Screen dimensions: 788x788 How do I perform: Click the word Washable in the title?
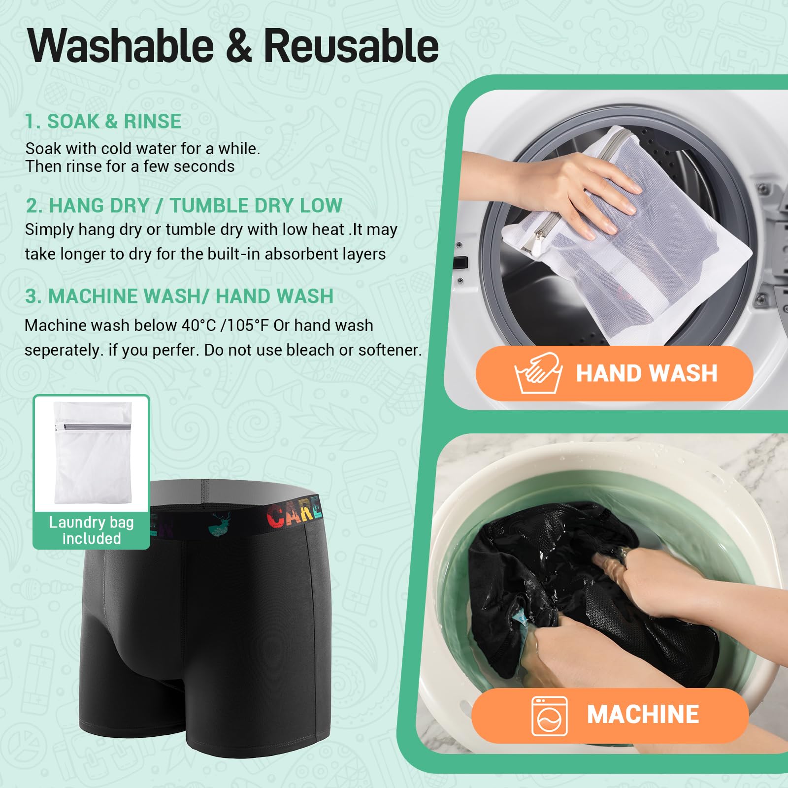tap(121, 46)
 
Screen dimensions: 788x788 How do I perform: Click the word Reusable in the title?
tap(351, 46)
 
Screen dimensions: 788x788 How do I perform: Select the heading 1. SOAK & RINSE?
tap(103, 121)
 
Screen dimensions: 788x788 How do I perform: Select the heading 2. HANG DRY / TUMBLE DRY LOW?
tap(184, 205)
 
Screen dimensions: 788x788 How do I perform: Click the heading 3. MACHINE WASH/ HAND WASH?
tap(179, 296)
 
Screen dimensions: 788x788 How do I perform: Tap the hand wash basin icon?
tap(538, 373)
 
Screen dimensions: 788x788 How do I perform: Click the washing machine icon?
tap(550, 716)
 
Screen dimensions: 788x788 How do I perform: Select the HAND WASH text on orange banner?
tap(647, 373)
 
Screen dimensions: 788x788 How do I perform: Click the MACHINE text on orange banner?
tap(643, 715)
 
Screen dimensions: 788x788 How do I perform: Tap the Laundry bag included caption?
tap(91, 530)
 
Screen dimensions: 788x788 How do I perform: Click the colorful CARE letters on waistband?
tap(294, 515)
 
